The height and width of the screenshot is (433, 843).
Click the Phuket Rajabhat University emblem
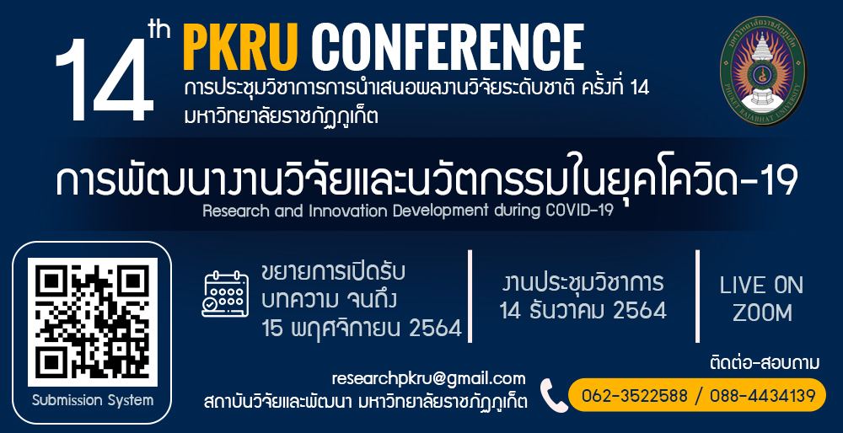[762, 71]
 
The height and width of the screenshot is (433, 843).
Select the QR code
[93, 323]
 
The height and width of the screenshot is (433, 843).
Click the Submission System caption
[93, 400]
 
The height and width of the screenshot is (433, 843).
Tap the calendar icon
[225, 294]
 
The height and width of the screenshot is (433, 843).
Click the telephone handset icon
[553, 395]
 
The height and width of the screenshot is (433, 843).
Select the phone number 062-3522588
[635, 396]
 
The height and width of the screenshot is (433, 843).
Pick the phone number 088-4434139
[762, 396]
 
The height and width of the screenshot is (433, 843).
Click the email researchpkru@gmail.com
[428, 379]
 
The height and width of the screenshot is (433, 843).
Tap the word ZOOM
[762, 313]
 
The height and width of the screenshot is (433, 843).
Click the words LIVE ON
[761, 286]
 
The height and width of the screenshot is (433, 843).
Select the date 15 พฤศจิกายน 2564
[362, 328]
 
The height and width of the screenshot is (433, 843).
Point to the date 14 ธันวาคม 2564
[583, 311]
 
